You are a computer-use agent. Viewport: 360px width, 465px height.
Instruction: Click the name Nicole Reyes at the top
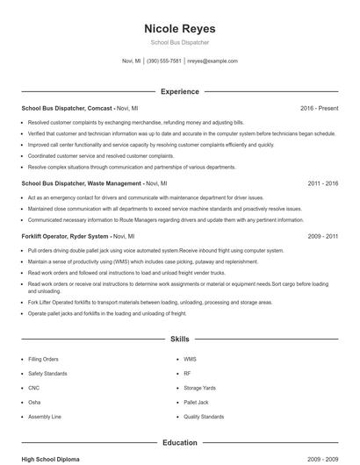tap(179, 29)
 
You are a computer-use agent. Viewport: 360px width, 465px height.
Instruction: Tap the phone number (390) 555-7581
tap(164, 61)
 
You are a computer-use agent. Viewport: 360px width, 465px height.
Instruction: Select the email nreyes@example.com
tap(213, 61)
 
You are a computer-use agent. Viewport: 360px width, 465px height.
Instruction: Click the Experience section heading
tap(179, 91)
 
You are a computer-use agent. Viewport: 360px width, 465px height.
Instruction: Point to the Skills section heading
tap(179, 338)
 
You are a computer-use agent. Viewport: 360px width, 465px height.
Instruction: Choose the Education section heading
tap(179, 443)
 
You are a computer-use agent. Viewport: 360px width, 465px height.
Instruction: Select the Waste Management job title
tap(82, 183)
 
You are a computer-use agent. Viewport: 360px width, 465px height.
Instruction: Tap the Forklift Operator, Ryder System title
tap(65, 236)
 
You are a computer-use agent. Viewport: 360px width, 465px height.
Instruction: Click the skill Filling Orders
tap(44, 359)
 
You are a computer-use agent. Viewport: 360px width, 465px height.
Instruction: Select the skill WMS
tap(191, 359)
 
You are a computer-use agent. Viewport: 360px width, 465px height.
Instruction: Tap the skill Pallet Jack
tap(196, 402)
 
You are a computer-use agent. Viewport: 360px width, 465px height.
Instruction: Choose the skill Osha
tap(34, 402)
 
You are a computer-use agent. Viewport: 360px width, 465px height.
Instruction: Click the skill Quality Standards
tap(203, 416)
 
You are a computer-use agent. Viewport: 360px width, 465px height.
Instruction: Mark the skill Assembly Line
tap(45, 416)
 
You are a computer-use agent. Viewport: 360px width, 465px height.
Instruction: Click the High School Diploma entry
tap(52, 459)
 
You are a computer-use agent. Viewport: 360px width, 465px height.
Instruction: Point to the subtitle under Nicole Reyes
tap(179, 43)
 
